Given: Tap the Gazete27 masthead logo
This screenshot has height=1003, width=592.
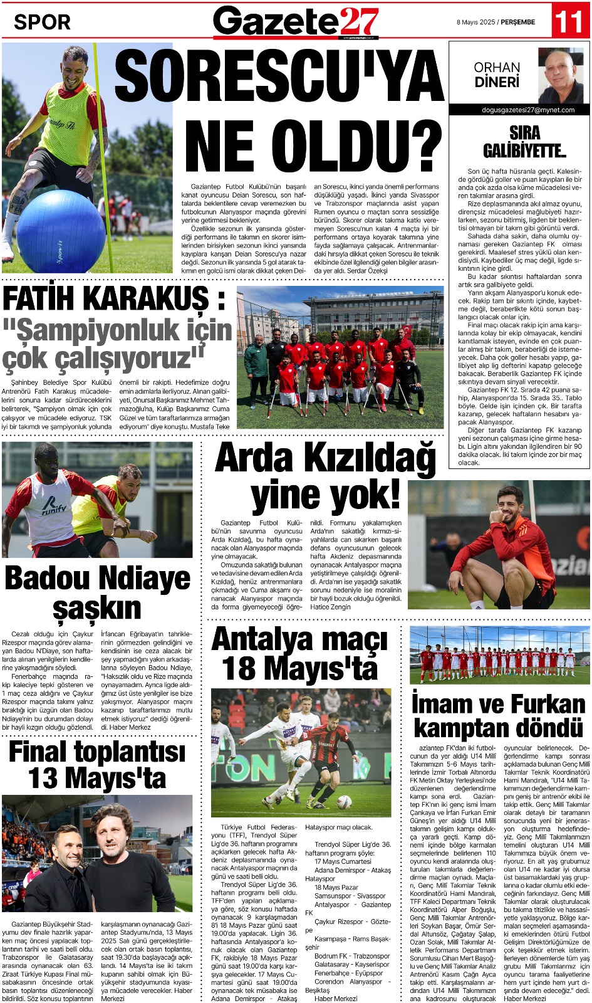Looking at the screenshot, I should click(x=296, y=21).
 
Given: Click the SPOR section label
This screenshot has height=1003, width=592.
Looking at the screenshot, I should click(x=42, y=22).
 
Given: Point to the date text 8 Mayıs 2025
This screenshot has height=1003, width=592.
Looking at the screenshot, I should click(x=475, y=22).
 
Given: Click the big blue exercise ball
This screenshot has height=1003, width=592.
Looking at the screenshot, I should click(x=61, y=231).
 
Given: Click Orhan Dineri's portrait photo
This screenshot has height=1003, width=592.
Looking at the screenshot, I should click(x=561, y=76).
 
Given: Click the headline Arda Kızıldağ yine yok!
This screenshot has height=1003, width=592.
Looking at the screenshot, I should click(x=325, y=476).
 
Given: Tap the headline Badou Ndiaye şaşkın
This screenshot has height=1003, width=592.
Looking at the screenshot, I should click(x=97, y=593).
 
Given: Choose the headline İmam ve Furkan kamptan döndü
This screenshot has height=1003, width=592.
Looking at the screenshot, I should click(x=499, y=715).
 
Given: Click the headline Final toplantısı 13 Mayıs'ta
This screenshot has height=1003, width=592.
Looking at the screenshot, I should click(x=97, y=765).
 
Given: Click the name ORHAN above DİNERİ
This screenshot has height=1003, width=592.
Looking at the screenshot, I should click(x=497, y=67).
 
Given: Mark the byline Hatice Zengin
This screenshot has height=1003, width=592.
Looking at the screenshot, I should click(x=331, y=607).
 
